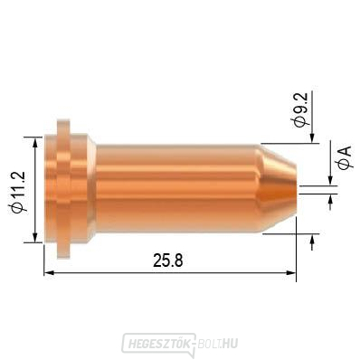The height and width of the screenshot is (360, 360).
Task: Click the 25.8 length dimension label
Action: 168,261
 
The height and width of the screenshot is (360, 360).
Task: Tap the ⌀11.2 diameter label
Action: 19,192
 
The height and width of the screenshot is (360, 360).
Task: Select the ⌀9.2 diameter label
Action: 299,109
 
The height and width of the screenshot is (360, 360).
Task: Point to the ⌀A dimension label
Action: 345,158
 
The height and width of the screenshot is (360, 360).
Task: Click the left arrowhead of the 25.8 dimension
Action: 49,272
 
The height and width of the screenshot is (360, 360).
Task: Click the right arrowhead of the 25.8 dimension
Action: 290,272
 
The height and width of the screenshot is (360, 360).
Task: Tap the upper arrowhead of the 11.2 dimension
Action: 36,142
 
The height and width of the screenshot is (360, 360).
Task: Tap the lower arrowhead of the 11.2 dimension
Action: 36,237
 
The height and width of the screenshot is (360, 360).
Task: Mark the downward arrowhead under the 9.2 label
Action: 312,138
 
